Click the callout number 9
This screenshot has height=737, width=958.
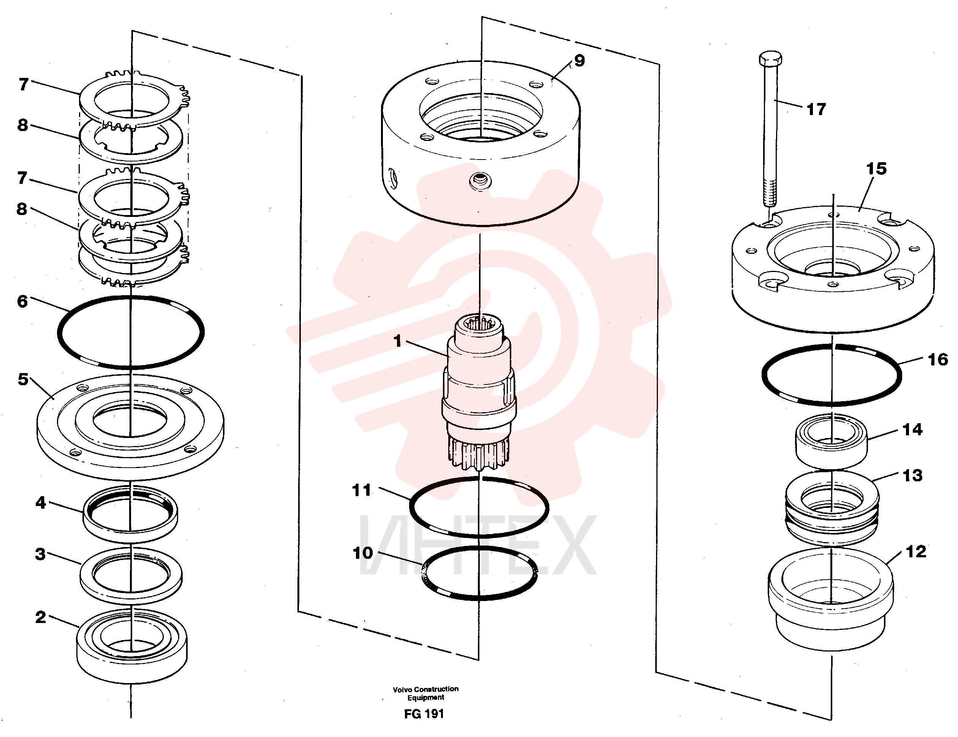(579, 61)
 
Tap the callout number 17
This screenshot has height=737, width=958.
(816, 109)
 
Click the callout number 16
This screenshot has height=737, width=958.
(938, 360)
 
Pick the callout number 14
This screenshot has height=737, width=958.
(912, 430)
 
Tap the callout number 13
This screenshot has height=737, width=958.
(913, 475)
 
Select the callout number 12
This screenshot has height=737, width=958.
(916, 552)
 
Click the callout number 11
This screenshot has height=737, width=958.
(362, 490)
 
